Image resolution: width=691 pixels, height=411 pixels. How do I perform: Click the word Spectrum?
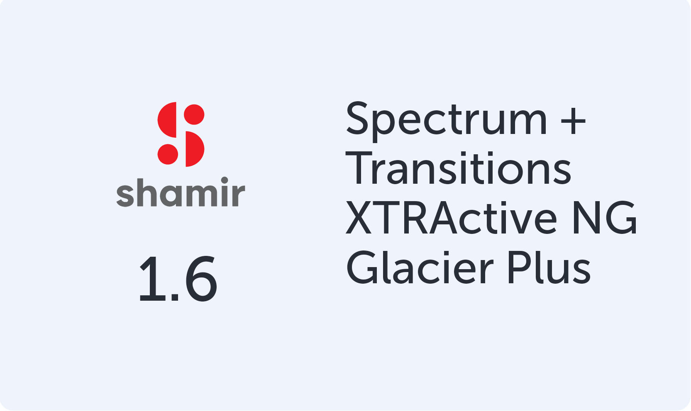pos(446,120)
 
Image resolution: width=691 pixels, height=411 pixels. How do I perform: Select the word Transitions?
pos(458,168)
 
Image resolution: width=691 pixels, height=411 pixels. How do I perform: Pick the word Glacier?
pos(420,268)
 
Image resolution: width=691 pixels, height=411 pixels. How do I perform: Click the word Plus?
pos(549,268)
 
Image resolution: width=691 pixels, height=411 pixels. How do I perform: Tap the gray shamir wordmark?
pos(181,192)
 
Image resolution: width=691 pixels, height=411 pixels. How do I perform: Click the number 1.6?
pos(178,279)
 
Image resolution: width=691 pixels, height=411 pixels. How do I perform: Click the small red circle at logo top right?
pos(194,114)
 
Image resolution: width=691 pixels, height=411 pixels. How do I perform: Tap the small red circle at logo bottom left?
pos(168,154)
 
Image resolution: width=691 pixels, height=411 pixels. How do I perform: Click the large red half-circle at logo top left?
pos(168,120)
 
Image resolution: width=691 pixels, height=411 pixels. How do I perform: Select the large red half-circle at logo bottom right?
pos(194,149)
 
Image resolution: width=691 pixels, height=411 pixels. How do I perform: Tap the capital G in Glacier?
pos(362,268)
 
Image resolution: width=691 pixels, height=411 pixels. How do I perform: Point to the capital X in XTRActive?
pos(359,218)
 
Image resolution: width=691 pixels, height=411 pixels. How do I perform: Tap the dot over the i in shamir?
pos(225,180)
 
